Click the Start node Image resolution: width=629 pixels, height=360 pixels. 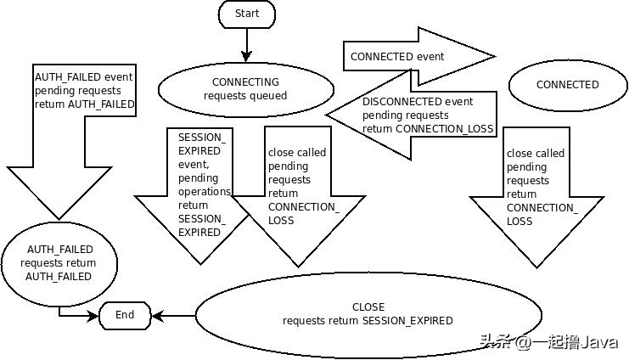[x=247, y=14]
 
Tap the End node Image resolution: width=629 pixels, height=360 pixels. [x=125, y=316]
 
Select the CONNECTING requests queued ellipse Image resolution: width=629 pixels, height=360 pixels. [x=246, y=89]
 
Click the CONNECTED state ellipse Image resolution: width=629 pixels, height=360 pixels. [x=567, y=85]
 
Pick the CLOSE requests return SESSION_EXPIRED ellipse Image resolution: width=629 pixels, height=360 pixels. [x=368, y=315]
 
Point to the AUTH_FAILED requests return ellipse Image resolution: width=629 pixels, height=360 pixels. [x=59, y=264]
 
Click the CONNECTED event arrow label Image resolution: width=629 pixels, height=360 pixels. [x=397, y=57]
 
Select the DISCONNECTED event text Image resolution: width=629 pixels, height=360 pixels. [x=418, y=102]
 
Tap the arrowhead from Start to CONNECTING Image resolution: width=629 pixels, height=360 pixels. [x=247, y=56]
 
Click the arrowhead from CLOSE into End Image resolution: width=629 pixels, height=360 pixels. [x=157, y=316]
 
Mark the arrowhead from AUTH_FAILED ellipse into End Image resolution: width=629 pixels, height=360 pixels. [x=93, y=316]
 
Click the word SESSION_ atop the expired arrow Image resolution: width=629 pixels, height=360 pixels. [x=202, y=138]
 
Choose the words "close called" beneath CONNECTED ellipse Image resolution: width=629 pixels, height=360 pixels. [x=536, y=154]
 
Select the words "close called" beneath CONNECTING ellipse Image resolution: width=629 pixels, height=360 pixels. [x=297, y=153]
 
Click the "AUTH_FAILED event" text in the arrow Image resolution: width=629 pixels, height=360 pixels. [x=83, y=77]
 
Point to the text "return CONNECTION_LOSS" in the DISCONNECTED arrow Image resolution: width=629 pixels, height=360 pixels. [x=428, y=129]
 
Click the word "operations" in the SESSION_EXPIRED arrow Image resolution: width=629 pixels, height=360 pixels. [x=205, y=192]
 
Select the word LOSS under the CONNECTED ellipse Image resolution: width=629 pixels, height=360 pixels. [x=519, y=221]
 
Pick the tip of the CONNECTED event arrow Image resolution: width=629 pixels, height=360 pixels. [x=496, y=57]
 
